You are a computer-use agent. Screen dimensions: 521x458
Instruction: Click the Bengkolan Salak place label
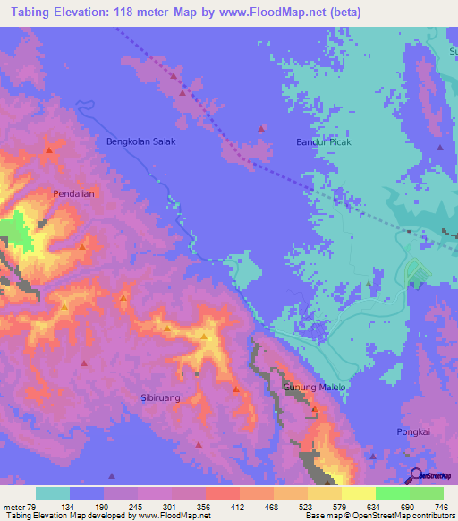pyautogui.click(x=141, y=141)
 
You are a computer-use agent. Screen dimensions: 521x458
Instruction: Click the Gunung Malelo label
pyautogui.click(x=313, y=387)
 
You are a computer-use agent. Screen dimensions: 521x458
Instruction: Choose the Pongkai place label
pyautogui.click(x=413, y=431)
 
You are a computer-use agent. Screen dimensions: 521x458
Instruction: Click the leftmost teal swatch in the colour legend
pyautogui.click(x=53, y=493)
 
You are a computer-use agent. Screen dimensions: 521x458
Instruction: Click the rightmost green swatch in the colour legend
pyautogui.click(x=427, y=493)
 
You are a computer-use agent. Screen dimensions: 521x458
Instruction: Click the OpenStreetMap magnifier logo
pyautogui.click(x=414, y=476)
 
